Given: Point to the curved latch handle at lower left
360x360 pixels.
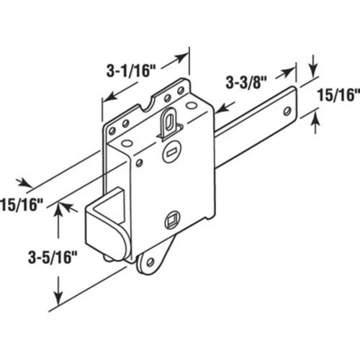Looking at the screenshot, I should [108, 227].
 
